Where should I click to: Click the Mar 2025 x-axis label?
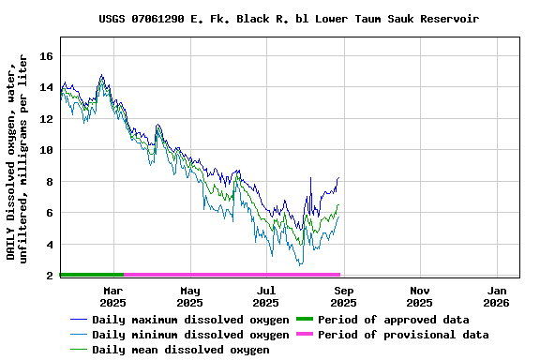[x=112, y=296]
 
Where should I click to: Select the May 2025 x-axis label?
[x=189, y=296]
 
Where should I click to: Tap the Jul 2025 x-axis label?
[x=266, y=296]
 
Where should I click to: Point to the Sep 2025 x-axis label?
[x=343, y=296]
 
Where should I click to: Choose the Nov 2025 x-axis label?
[x=420, y=296]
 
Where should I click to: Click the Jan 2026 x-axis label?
[x=496, y=296]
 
